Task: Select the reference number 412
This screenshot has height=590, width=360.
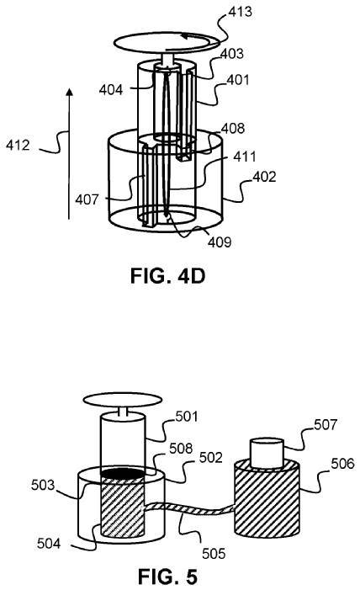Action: coord(17,145)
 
